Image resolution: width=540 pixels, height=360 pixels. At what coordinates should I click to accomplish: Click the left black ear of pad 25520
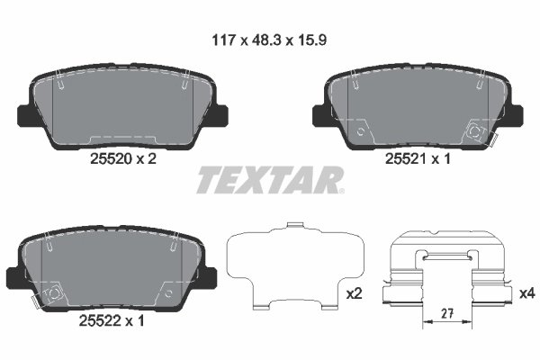coord(28,115)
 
